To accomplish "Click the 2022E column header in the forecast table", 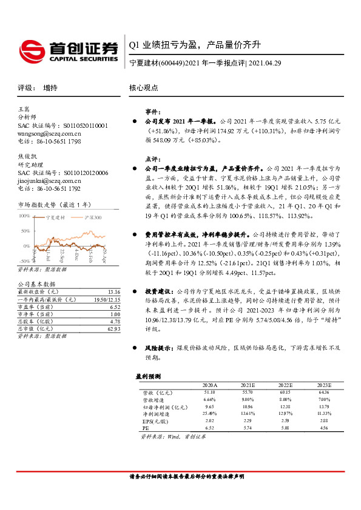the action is point(285,385).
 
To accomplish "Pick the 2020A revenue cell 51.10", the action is point(210,392).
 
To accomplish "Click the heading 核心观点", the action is point(144,88).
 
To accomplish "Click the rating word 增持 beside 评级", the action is point(51,88).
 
